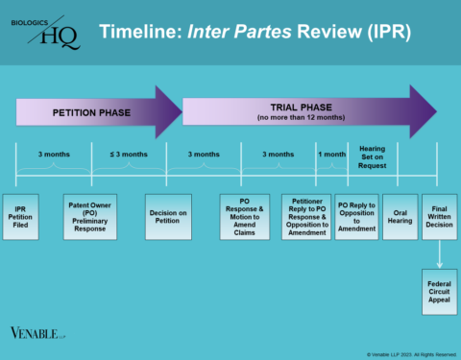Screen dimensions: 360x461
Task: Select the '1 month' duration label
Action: (x=332, y=154)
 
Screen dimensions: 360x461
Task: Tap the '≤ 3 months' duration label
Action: (x=128, y=154)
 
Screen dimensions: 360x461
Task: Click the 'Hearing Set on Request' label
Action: (x=373, y=156)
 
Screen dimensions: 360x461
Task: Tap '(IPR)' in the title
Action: (x=385, y=34)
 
